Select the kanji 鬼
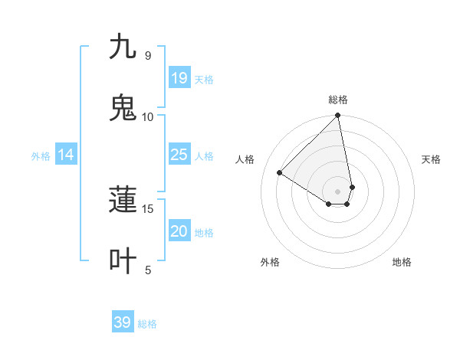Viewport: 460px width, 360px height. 123,107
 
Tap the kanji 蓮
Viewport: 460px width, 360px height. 123,199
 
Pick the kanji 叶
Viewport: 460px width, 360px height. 123,260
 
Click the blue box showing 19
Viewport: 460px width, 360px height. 179,78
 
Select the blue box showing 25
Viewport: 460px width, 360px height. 179,155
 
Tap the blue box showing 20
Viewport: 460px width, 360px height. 179,232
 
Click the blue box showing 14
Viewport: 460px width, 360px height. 65,155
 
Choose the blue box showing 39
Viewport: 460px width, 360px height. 122,322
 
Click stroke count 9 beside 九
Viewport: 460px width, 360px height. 148,55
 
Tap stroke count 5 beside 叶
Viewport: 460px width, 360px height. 148,270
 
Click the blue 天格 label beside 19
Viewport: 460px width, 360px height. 204,80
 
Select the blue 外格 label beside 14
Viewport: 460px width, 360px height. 41,156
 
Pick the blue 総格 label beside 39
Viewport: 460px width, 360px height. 147,324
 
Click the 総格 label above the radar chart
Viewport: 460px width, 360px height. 338,100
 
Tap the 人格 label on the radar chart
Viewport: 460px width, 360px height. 245,159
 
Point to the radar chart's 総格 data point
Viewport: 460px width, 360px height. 337,116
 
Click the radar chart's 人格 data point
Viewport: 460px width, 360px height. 280,172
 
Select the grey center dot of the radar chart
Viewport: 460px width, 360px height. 337,191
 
